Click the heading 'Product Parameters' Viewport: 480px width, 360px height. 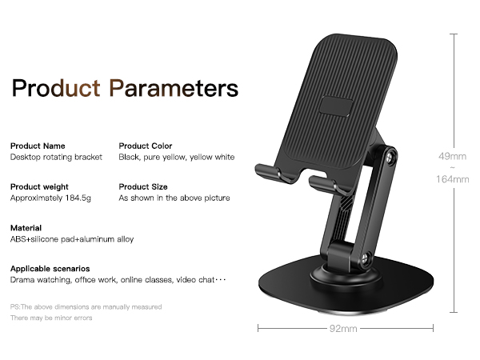[x=125, y=87]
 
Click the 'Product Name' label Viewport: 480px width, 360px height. [x=38, y=146]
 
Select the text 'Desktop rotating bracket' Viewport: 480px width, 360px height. [x=56, y=158]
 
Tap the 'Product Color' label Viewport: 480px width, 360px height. [x=146, y=146]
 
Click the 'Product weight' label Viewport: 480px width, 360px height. [x=41, y=186]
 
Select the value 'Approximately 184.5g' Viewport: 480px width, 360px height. [x=50, y=198]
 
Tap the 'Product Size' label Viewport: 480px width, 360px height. [x=143, y=186]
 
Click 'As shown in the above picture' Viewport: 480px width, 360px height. [x=174, y=198]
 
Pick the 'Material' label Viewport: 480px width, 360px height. [x=25, y=228]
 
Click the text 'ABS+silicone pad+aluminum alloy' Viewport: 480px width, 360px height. [x=72, y=239]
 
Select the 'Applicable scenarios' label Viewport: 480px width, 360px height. [x=50, y=269]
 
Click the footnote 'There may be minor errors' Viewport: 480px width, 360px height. [x=51, y=318]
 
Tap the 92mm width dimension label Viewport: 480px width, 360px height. [x=346, y=327]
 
